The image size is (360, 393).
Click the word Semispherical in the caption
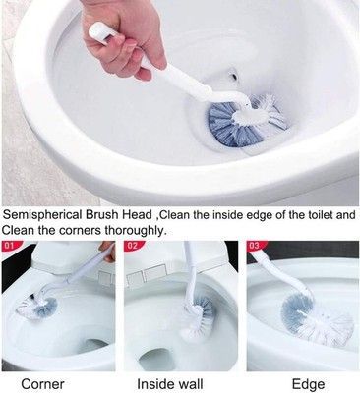click(42, 215)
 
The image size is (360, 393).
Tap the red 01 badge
click(10, 245)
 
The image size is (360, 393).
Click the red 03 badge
click(256, 246)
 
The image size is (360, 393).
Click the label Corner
click(42, 384)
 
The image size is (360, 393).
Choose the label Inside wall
click(170, 384)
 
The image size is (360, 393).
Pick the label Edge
click(309, 384)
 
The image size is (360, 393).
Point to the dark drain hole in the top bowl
click(234, 77)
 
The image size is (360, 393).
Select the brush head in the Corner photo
click(37, 304)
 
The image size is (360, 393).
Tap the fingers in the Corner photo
click(107, 252)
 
